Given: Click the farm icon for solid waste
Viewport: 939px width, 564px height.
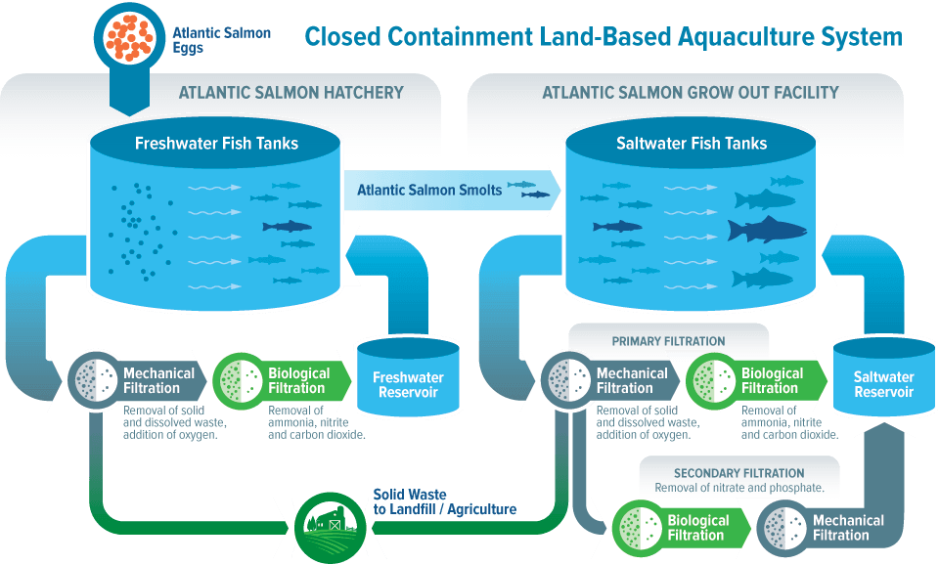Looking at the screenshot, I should pos(332,527).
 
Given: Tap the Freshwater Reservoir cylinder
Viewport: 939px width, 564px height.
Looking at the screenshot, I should pos(407,382).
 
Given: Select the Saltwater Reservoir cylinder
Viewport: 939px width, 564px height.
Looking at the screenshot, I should pos(883,382).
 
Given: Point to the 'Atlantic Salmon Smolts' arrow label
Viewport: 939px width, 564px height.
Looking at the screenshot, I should pos(428,190).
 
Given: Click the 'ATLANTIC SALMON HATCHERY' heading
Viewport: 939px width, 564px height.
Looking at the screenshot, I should pos(291,93).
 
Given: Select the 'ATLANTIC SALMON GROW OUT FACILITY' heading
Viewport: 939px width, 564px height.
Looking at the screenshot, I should pos(690,93).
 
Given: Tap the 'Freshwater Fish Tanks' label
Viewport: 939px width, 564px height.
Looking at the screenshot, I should pos(216,144).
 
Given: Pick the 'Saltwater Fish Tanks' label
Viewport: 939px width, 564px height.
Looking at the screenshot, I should pos(692,144).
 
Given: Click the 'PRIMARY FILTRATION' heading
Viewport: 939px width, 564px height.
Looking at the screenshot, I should pos(668,341).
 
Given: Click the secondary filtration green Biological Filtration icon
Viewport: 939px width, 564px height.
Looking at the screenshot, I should pos(640,527).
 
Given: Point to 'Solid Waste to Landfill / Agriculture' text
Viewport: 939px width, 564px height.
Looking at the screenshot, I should pos(444,501).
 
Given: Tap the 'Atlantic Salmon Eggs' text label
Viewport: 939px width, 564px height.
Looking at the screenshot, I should pos(221,40).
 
